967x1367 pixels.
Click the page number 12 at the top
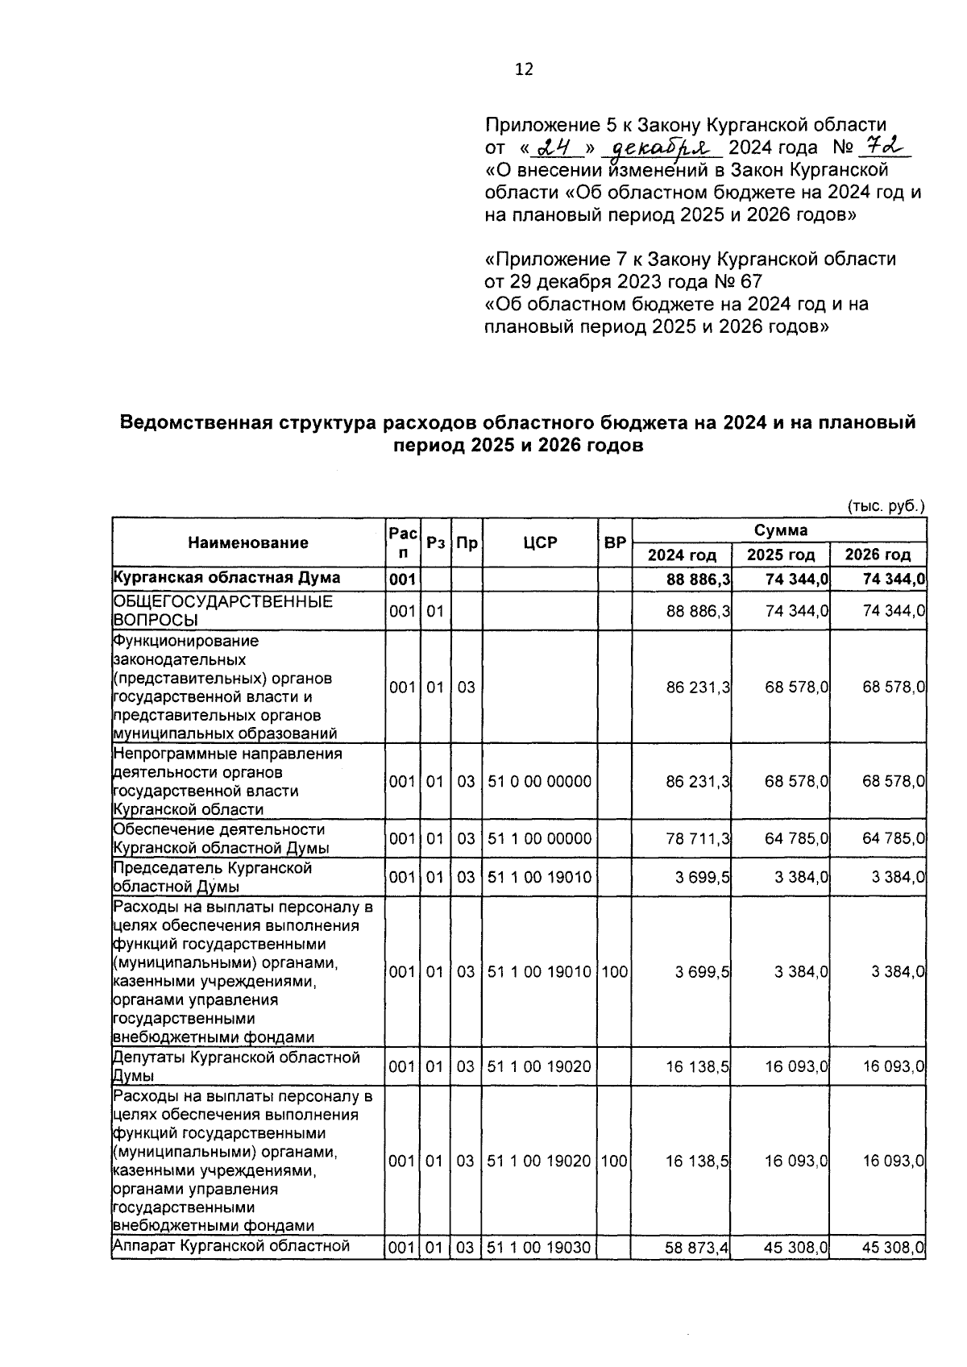tap(524, 69)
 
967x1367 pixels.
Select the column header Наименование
tap(248, 542)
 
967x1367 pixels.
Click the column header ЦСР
tap(539, 542)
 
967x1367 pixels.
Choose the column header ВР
tap(615, 542)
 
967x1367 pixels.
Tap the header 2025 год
tap(780, 555)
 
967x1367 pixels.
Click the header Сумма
tap(780, 530)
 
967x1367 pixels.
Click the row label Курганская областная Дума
tap(226, 578)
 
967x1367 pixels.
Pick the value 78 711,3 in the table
tap(698, 838)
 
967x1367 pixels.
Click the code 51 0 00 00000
tap(539, 781)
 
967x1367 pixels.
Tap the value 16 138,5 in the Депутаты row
tap(697, 1066)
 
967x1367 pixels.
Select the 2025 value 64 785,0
tap(796, 838)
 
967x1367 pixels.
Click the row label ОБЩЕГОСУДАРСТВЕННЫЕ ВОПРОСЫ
tap(222, 611)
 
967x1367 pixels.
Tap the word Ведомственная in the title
tap(192, 422)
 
